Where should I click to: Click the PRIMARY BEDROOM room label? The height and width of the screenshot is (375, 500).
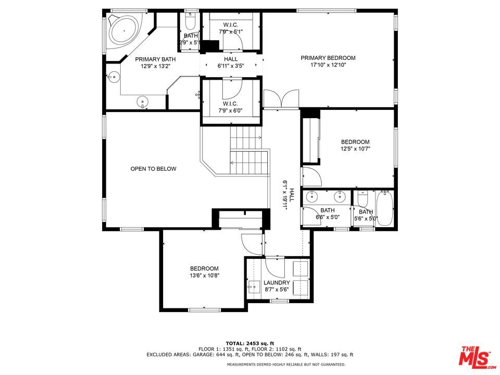pos(328,58)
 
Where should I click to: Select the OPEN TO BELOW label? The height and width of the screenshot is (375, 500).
pos(153,169)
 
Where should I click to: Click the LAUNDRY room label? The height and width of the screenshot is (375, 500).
pos(277,282)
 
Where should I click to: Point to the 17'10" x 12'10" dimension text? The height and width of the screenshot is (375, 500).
pos(328,65)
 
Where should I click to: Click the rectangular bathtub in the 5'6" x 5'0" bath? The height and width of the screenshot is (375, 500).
pos(385,208)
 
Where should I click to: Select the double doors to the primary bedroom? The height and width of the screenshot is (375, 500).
pos(281,99)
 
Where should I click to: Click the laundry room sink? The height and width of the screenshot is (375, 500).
pos(255,287)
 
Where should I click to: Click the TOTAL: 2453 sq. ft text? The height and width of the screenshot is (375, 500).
pos(250,343)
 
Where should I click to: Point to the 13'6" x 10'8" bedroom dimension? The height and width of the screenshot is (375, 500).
pos(204,276)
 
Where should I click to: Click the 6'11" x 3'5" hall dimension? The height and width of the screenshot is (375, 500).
pos(231,66)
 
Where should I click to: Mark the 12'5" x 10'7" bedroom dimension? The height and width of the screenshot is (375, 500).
pos(355,148)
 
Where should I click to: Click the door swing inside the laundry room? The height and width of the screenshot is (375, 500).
pos(274,267)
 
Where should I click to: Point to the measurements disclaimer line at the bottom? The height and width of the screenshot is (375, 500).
pos(286,364)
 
